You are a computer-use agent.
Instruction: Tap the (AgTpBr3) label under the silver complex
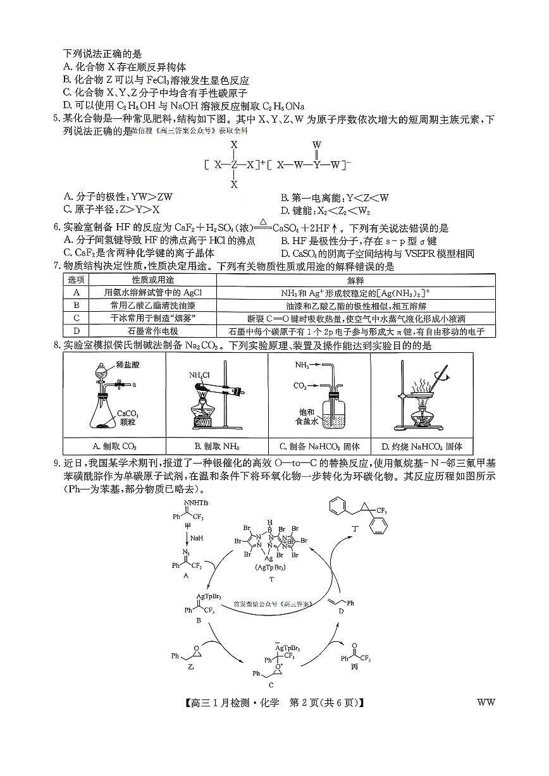click(x=272, y=567)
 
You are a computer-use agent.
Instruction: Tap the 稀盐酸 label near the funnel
click(x=126, y=364)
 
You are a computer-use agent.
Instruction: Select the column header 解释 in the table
click(x=356, y=280)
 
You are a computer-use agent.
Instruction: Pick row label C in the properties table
click(x=77, y=317)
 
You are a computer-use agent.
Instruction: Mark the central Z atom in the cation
click(x=233, y=164)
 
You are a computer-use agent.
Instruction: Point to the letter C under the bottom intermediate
click(x=271, y=684)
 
